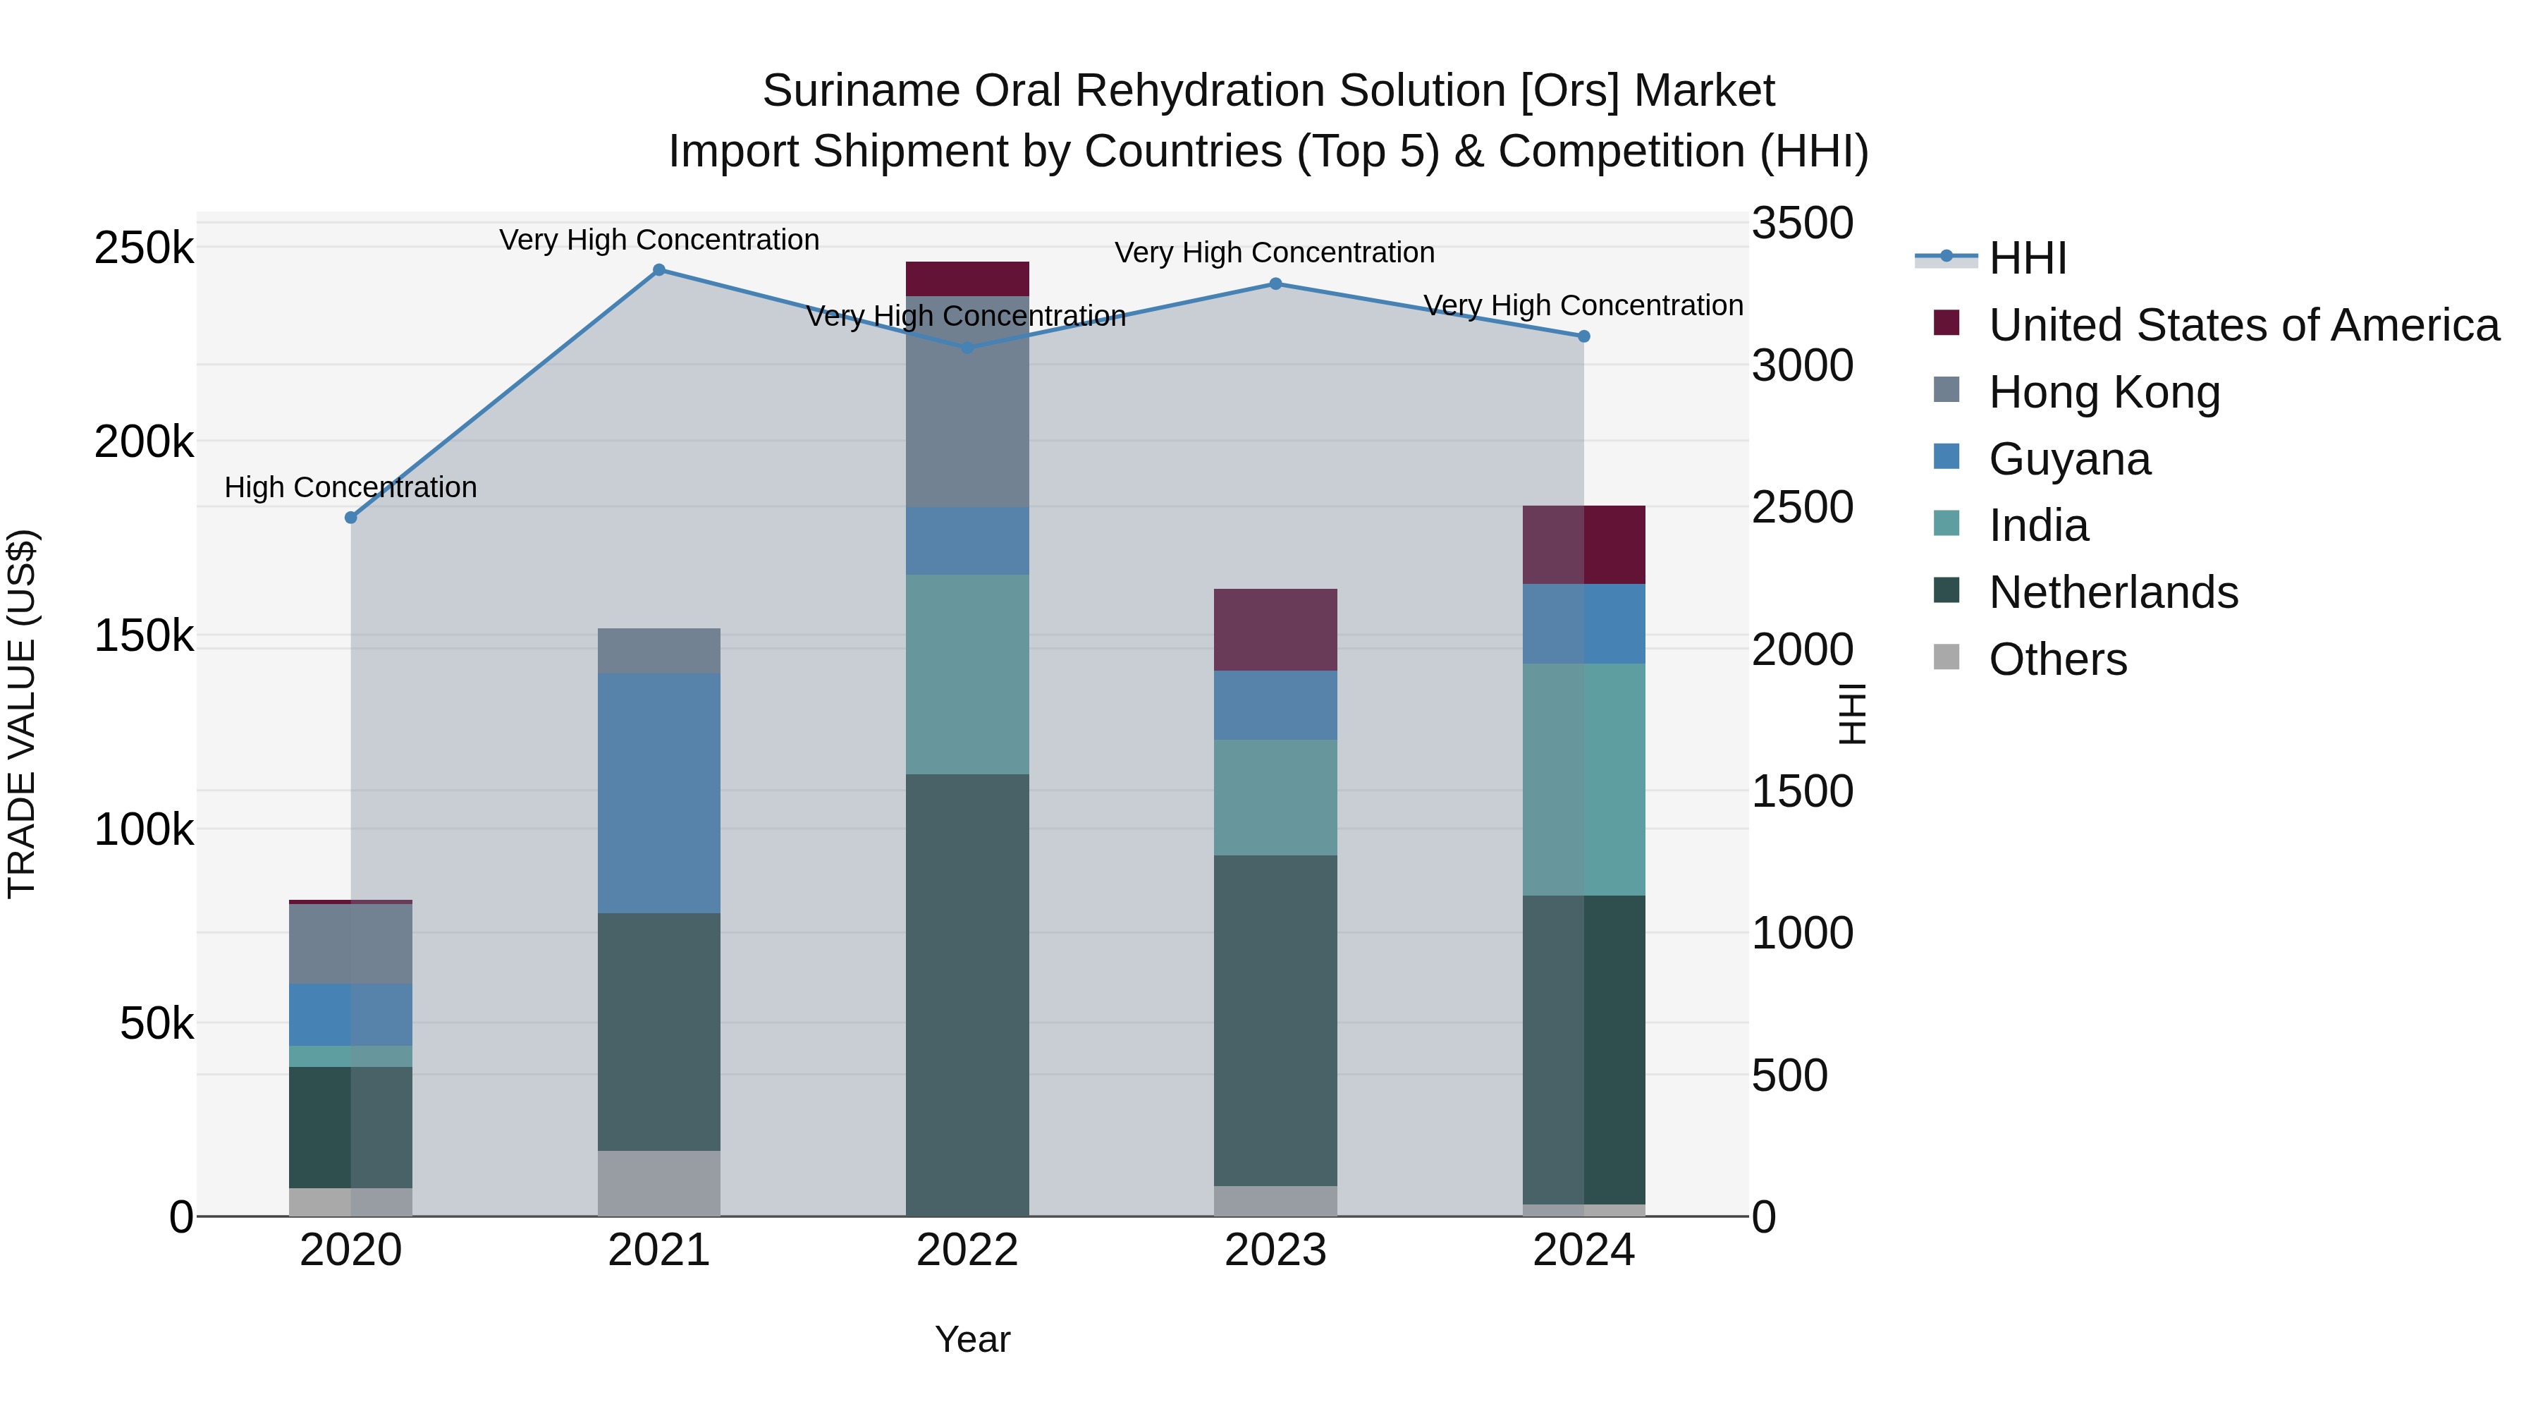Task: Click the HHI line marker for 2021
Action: pos(659,269)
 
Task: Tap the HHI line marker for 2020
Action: pos(351,518)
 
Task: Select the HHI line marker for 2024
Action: pos(1583,336)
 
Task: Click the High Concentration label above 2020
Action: pos(351,488)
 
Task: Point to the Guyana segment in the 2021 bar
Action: pos(659,793)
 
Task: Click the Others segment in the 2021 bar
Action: pos(659,1183)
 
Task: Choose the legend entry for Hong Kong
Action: pos(2104,392)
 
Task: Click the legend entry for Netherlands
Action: pos(2114,592)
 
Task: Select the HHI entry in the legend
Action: pos(2028,258)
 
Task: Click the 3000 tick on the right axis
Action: pos(1802,365)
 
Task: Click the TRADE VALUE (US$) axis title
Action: pos(22,714)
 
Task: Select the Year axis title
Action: pos(972,1339)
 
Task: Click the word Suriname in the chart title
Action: pos(860,91)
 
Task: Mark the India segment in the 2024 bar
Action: pos(1583,779)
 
